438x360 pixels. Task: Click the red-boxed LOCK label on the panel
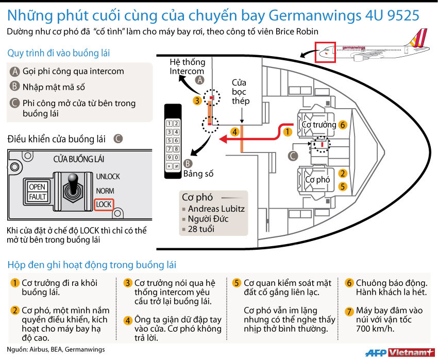104,204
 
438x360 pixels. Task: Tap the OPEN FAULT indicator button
37,192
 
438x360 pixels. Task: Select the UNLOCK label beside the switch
108,177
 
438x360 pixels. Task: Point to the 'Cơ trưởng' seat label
319,125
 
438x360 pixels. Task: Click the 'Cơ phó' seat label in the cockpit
317,180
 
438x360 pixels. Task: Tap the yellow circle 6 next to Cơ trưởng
343,125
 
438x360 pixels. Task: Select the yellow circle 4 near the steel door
234,132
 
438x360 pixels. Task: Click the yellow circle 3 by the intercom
197,100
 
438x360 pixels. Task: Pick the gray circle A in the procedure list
15,72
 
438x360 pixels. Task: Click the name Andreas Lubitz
216,209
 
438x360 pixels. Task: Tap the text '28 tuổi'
201,229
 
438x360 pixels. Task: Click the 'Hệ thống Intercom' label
187,66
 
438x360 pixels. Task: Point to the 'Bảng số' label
198,174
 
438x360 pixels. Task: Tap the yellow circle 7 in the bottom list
349,311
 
